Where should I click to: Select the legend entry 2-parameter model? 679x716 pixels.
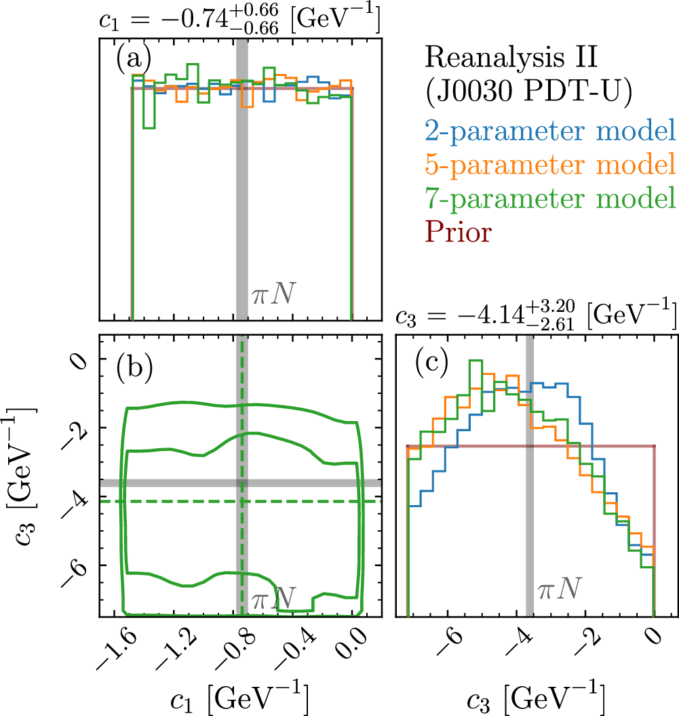pyautogui.click(x=550, y=129)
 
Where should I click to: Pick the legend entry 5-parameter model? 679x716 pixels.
pyautogui.click(x=550, y=163)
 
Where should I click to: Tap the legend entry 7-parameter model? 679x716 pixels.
pyautogui.click(x=550, y=198)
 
